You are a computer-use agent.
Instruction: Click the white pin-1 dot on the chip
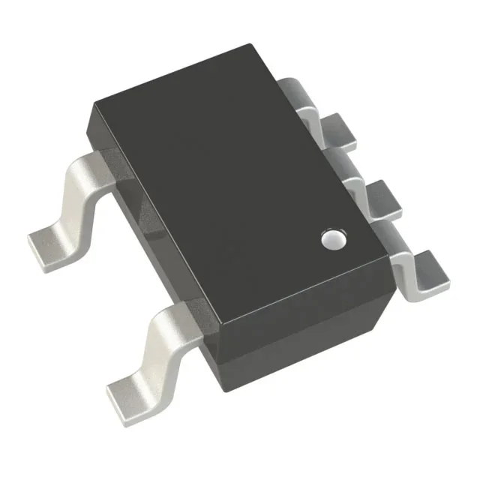pyautogui.click(x=331, y=238)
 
